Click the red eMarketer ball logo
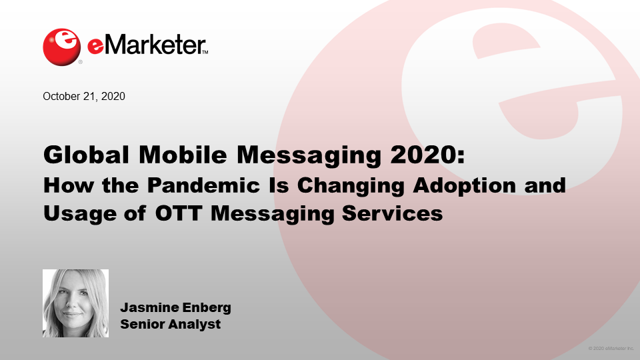point(62,46)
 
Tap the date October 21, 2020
point(84,96)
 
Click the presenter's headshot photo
point(75,303)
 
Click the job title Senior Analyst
point(170,325)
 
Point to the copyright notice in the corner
point(611,349)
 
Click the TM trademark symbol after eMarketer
point(205,52)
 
